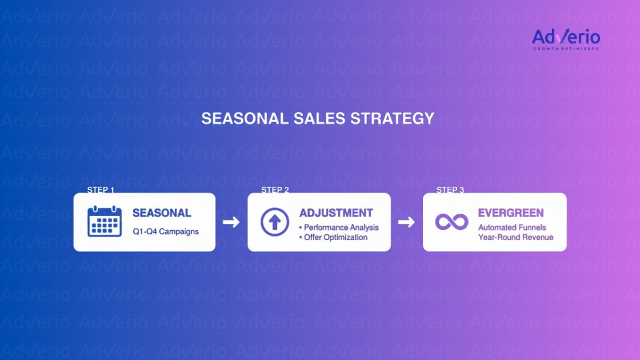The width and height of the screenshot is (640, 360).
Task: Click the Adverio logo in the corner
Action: point(566,39)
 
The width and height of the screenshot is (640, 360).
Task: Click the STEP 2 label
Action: point(275,190)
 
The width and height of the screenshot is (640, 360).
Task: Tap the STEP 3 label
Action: point(450,190)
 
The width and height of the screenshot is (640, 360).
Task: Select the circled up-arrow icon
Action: point(275,222)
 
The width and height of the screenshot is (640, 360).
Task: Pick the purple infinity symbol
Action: point(451,222)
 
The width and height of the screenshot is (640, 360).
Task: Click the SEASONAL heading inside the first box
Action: point(162,213)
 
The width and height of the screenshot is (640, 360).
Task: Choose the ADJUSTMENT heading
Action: point(336,213)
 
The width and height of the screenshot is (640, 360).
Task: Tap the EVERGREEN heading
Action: point(511,213)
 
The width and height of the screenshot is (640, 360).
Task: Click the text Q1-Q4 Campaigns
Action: point(166,232)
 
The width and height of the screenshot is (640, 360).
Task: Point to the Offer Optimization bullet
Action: point(335,237)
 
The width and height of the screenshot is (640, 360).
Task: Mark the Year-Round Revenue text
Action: point(515,237)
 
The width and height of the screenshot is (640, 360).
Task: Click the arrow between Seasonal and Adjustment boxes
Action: point(231,222)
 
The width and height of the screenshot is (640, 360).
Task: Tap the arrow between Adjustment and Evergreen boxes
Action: point(406,222)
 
